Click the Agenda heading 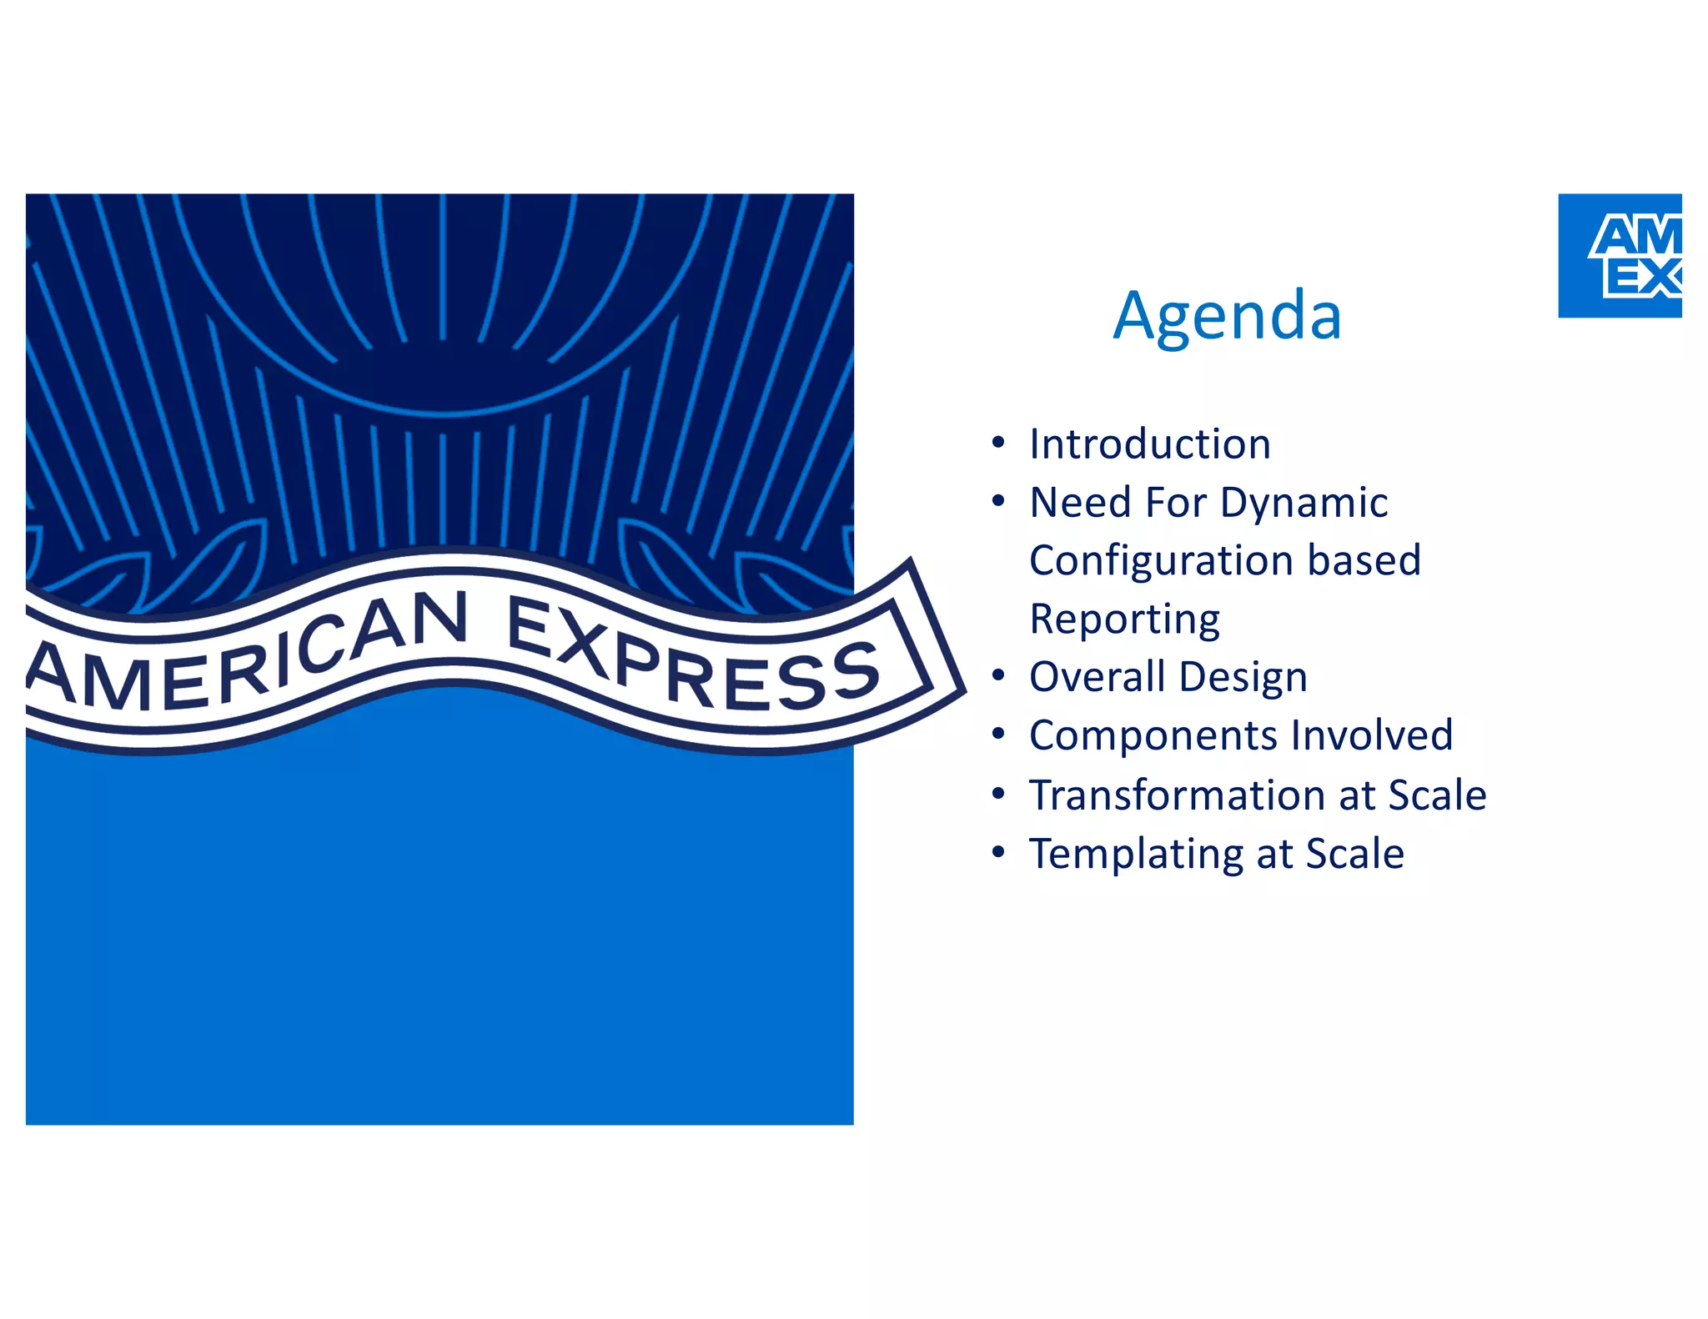(1227, 316)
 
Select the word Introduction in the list (1150, 444)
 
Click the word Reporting (1124, 619)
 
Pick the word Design (1243, 678)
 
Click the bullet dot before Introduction (998, 443)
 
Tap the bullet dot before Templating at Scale (998, 853)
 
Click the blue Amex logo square (1620, 256)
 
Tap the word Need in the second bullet (1080, 503)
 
